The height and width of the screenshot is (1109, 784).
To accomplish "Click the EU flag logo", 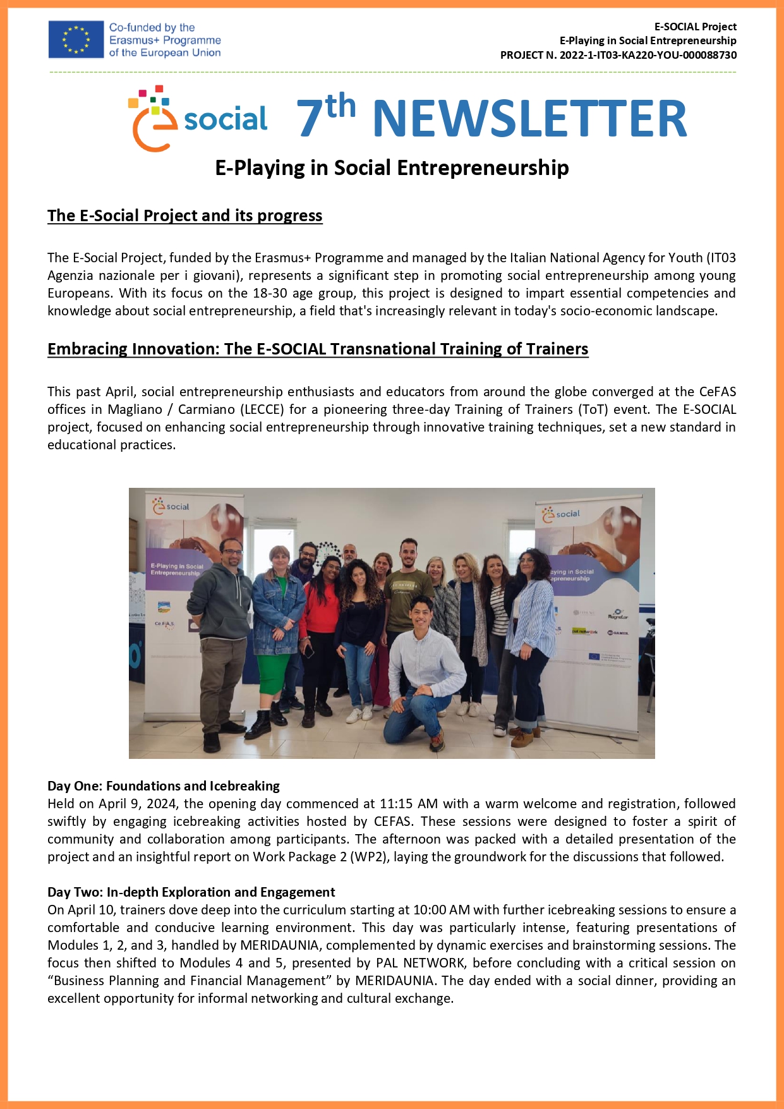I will tap(76, 39).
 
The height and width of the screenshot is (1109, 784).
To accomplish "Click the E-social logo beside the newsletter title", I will tap(198, 119).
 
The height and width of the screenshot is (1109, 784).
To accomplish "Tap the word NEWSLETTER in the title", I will tap(529, 118).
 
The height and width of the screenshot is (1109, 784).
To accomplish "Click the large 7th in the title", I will tap(325, 115).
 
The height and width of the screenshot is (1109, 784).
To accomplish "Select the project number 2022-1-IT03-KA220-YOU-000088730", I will tap(648, 55).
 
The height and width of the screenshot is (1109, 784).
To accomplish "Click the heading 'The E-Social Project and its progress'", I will tap(184, 215).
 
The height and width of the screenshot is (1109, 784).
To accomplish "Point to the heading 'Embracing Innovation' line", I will tap(318, 349).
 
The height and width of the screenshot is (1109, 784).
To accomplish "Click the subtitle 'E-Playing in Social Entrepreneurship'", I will tap(392, 168).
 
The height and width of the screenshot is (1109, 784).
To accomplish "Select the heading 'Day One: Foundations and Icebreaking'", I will tap(163, 786).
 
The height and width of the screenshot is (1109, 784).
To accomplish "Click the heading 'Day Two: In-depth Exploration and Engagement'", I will tap(191, 892).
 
